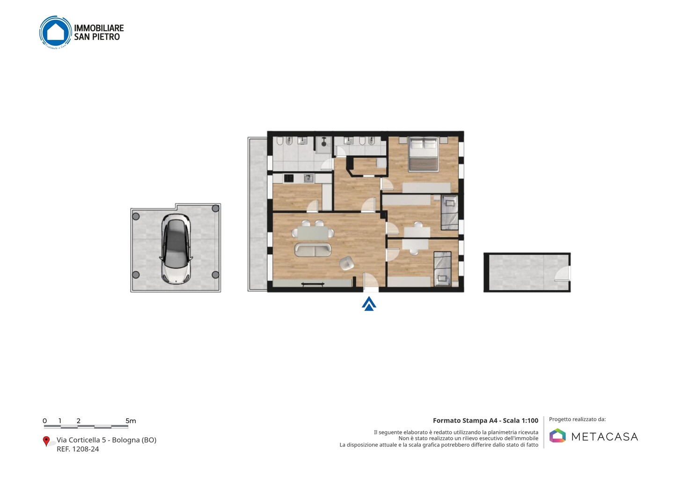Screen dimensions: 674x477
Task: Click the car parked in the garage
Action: [x=176, y=249]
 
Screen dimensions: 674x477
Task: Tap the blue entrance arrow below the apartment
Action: [x=369, y=304]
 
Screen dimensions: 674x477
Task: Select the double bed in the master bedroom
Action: [x=423, y=155]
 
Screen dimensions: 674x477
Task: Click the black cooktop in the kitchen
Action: [x=288, y=178]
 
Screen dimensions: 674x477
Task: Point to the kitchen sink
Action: [x=308, y=179]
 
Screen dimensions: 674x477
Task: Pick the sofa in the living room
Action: [x=313, y=250]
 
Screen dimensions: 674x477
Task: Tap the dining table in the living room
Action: [x=313, y=233]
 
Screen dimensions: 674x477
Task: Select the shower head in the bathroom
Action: [x=324, y=142]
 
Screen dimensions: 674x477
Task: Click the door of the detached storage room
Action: [x=563, y=274]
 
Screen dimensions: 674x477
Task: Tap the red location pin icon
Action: [x=46, y=441]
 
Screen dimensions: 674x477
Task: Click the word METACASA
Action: [x=605, y=437]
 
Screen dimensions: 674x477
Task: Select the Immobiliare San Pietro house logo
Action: [x=56, y=32]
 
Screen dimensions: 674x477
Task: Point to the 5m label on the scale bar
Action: [x=131, y=421]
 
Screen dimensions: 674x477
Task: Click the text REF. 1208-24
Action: [x=78, y=449]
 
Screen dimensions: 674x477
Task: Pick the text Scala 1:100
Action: [x=520, y=420]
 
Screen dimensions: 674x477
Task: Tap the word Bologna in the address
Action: [x=125, y=440]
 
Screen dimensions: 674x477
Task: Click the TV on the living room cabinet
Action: [x=313, y=284]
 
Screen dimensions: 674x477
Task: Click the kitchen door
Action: [x=313, y=206]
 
